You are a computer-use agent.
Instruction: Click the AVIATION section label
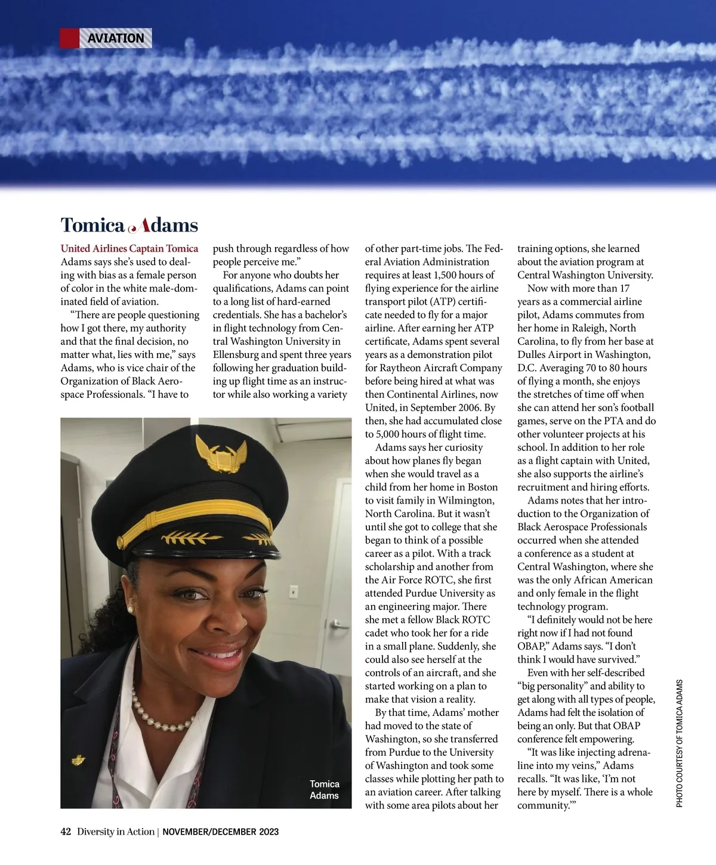click(x=116, y=38)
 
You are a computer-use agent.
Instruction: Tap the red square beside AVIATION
click(x=69, y=38)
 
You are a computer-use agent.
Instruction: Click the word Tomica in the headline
click(x=92, y=225)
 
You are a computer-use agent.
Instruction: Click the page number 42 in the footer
click(x=66, y=832)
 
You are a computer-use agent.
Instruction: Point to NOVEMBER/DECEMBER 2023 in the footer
click(x=220, y=832)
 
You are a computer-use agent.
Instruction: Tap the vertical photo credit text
click(x=680, y=743)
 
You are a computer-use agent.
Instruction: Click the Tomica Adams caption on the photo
click(x=324, y=789)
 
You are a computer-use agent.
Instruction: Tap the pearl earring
click(x=130, y=610)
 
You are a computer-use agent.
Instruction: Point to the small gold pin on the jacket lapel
click(x=78, y=760)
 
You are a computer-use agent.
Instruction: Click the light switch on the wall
click(x=294, y=591)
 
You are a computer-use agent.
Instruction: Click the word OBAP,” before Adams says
click(x=533, y=646)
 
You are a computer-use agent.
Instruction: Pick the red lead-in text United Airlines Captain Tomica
click(x=129, y=249)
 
